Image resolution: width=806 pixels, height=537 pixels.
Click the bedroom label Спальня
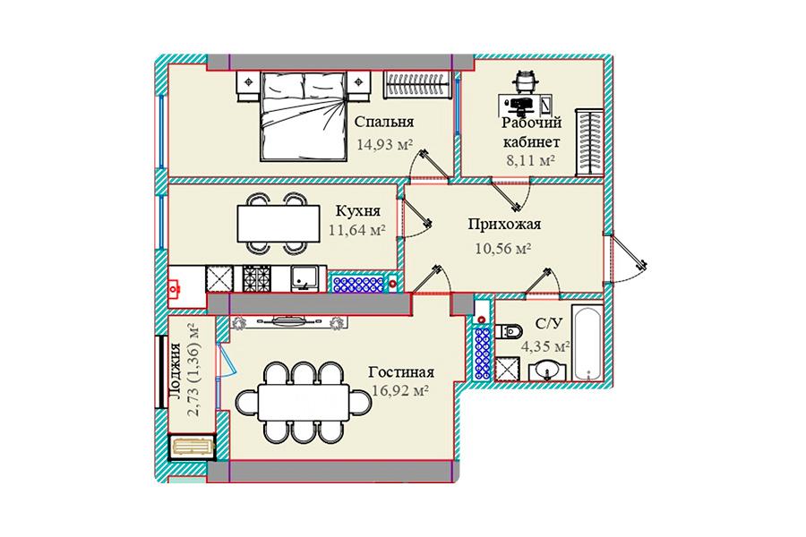point(384,123)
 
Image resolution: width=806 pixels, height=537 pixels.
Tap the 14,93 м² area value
point(385,144)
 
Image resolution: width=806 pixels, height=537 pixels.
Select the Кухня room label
point(357,211)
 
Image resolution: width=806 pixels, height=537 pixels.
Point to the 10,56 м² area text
point(502,249)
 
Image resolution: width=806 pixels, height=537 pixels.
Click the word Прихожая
point(504,225)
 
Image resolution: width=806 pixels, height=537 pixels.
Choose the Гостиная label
point(401,371)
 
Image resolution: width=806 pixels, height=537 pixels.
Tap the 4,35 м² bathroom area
point(545,346)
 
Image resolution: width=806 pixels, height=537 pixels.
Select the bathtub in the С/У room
point(587,343)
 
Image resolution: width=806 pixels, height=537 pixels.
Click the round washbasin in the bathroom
point(547,370)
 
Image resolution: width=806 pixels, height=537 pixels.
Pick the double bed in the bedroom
point(302,116)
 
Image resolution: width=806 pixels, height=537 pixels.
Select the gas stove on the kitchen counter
point(256,278)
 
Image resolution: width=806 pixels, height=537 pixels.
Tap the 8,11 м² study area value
point(531,161)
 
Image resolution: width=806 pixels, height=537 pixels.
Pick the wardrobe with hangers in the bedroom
point(419,84)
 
